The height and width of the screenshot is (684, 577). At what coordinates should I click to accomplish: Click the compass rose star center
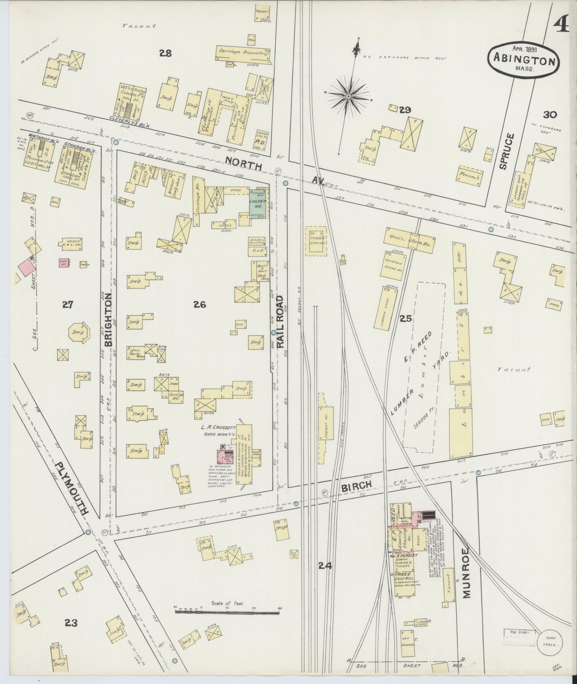(348, 96)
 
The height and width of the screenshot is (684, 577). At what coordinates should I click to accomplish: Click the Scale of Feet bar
(227, 612)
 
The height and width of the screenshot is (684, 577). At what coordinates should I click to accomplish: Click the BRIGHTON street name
(108, 322)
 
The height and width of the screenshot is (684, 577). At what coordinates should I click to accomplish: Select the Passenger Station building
(316, 241)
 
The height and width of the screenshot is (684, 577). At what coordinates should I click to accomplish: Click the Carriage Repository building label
(242, 53)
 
